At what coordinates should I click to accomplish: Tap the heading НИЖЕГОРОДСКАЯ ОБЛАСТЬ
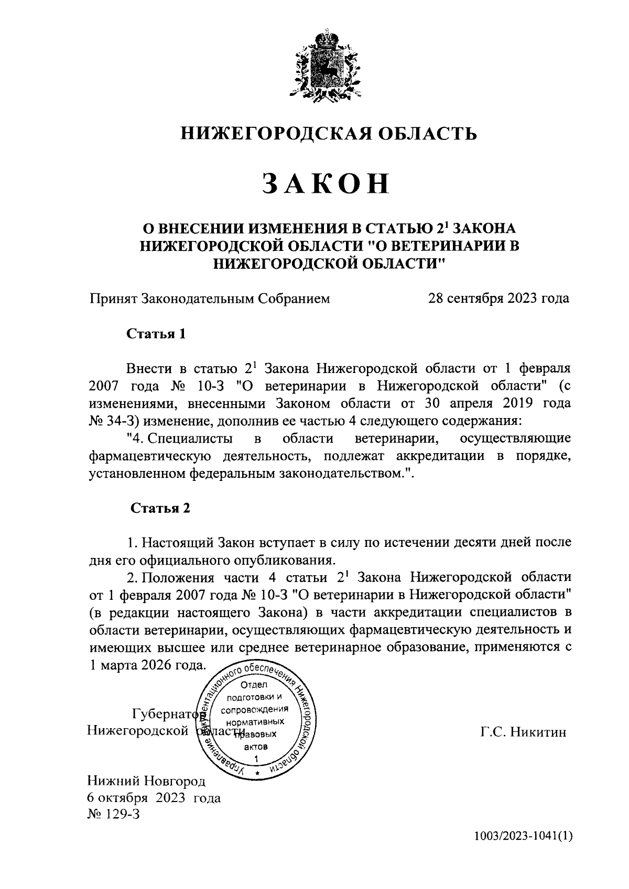pos(329,134)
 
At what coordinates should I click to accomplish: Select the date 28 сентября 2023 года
pos(498,299)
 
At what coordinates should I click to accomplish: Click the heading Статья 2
pos(159,508)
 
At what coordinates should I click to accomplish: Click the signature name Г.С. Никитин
pos(523,732)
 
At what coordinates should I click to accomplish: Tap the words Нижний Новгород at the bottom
pos(146,781)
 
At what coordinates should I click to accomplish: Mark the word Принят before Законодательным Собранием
pos(113,299)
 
